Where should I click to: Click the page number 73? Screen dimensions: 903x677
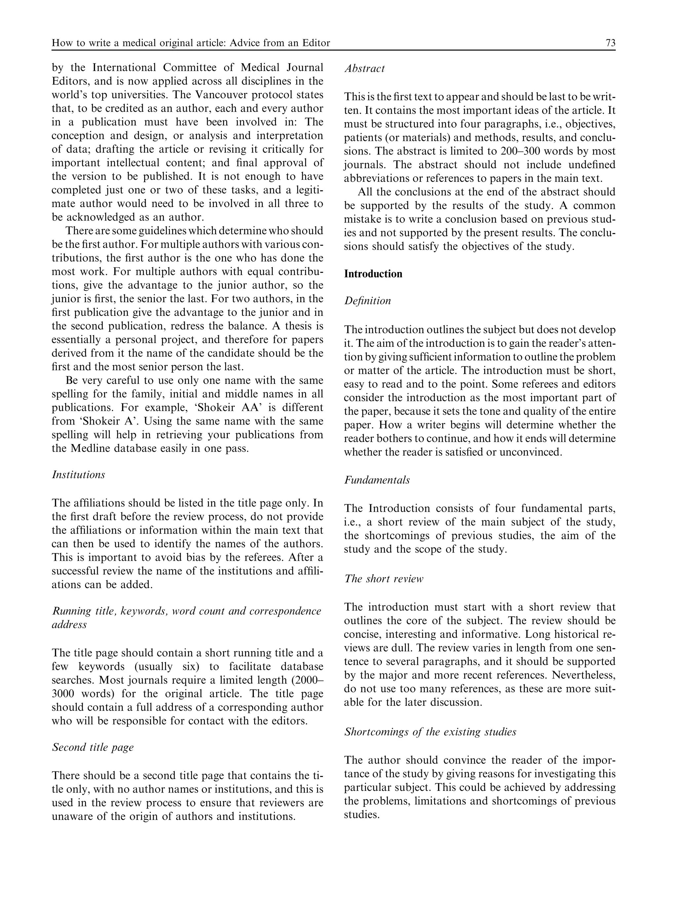point(611,43)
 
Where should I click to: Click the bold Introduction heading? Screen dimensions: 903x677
point(373,273)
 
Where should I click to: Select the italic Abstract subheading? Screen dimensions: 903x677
point(364,68)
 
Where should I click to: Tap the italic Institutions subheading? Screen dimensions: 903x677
point(78,475)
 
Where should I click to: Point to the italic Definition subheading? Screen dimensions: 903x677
point(367,301)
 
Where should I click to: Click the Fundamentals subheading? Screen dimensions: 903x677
point(377,480)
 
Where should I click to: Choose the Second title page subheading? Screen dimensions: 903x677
point(93,747)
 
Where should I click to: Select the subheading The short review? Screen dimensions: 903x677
point(383,579)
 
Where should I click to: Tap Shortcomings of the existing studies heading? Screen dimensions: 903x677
point(430,731)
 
